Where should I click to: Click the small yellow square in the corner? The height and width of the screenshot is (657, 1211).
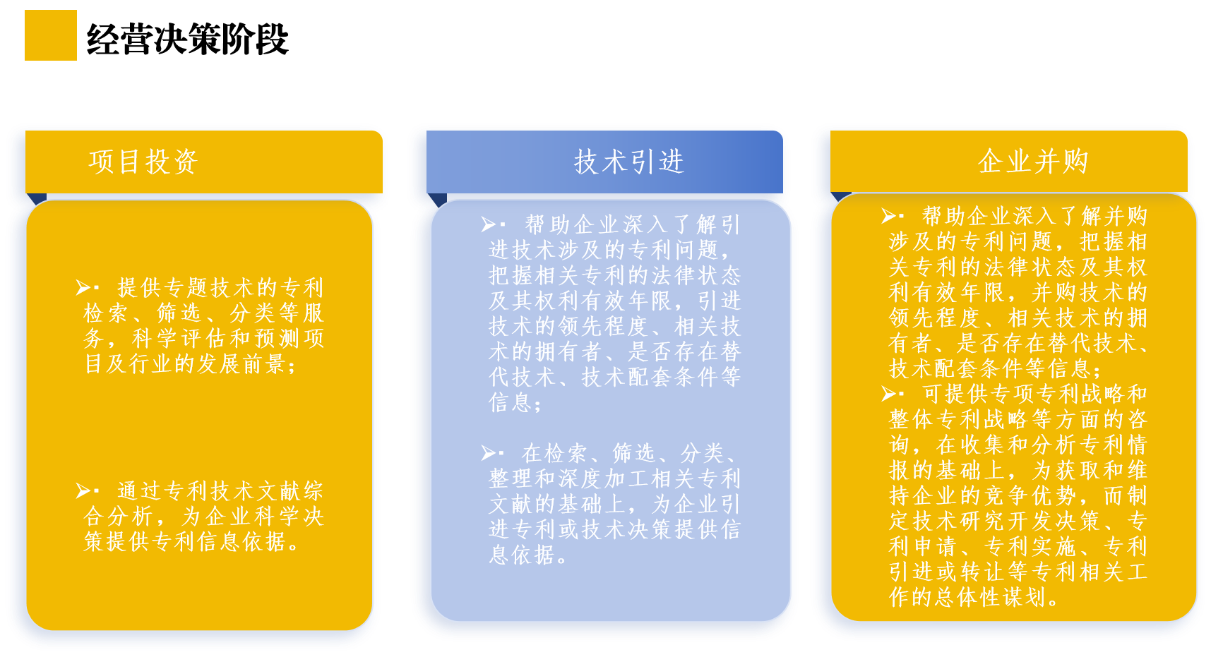click(x=51, y=35)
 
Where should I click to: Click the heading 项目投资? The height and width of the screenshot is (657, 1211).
click(x=143, y=162)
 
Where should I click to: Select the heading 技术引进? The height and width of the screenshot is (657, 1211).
click(x=629, y=162)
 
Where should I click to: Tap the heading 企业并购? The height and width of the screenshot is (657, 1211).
click(x=1033, y=162)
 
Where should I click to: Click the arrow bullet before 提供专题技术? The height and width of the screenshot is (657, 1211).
click(x=84, y=288)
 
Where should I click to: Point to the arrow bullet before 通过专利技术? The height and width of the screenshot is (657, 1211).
click(x=84, y=491)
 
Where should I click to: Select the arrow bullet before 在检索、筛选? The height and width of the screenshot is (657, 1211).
click(x=489, y=453)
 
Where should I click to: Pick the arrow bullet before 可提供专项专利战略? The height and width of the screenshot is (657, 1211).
click(x=889, y=394)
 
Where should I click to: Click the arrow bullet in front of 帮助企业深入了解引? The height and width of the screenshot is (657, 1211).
click(x=489, y=225)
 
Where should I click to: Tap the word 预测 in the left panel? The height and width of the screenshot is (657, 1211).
click(x=278, y=339)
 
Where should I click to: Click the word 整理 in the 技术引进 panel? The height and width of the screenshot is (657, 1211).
click(x=512, y=478)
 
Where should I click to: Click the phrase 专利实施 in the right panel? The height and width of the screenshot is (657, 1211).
click(x=1030, y=546)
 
